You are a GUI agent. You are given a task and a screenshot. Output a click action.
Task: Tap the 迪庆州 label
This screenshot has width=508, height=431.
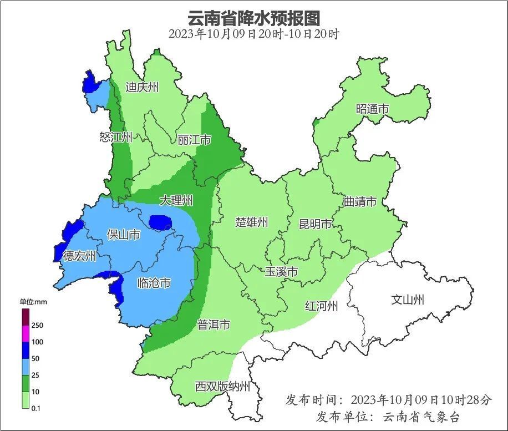tap(142, 87)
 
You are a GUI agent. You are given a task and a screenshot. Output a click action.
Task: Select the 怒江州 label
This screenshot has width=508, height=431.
tap(116, 137)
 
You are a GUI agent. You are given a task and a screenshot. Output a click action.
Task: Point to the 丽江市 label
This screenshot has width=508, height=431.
tap(194, 140)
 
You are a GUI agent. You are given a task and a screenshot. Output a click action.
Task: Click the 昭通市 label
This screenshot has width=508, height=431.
tap(372, 109)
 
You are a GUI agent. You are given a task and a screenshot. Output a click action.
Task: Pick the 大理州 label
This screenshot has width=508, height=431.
tap(176, 200)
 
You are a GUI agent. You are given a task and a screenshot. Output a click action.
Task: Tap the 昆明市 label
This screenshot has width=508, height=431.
tap(315, 224)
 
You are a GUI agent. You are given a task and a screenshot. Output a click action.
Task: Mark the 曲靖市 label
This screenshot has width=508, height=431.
tap(360, 201)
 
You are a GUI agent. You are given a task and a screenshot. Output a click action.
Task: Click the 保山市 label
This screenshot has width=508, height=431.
tap(123, 235)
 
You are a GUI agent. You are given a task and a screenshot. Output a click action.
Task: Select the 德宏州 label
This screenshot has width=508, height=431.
tap(79, 256)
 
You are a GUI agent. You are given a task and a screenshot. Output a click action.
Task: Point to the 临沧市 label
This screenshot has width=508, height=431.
tap(154, 283)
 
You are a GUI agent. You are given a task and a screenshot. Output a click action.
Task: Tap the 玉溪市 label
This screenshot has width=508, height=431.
tap(281, 272)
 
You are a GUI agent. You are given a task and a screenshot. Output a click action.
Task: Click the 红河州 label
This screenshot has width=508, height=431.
tap(321, 306)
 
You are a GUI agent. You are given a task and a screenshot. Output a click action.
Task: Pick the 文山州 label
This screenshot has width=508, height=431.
tap(408, 300)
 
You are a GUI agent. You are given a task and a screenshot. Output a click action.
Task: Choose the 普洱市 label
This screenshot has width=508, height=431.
tap(214, 325)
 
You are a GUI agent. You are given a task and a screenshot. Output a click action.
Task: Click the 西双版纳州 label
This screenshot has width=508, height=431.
tap(222, 387)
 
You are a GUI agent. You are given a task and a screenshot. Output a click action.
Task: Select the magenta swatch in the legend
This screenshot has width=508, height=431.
tap(25, 334)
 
